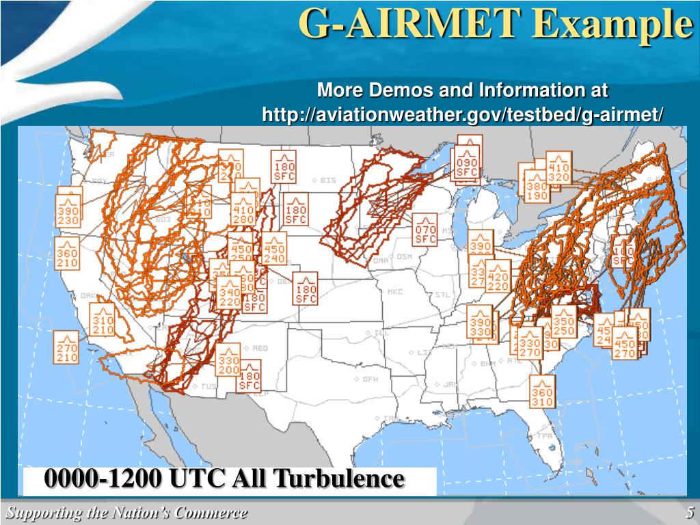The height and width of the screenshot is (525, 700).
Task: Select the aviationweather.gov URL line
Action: (x=463, y=115)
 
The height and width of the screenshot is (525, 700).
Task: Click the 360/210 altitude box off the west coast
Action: (x=67, y=254)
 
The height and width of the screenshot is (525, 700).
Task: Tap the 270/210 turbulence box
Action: (x=67, y=348)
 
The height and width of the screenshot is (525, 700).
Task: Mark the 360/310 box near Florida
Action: (x=542, y=393)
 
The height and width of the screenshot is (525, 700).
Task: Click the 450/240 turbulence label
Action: (x=274, y=251)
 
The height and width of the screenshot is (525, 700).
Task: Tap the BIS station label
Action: (x=328, y=180)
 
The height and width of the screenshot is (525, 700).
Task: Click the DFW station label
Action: (x=370, y=379)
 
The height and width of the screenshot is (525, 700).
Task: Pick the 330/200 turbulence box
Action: (x=229, y=362)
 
